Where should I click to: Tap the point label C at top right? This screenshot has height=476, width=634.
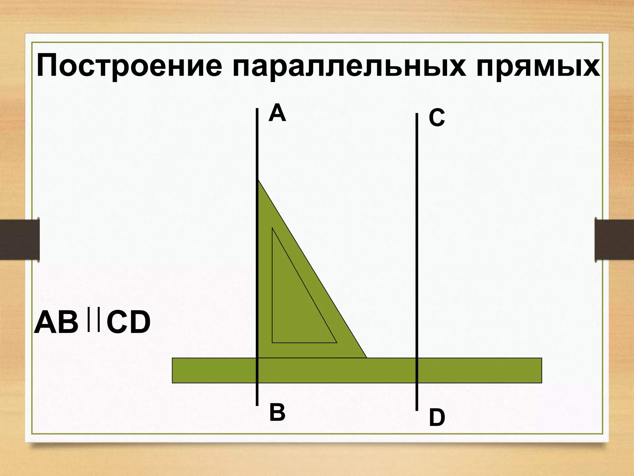click(x=437, y=118)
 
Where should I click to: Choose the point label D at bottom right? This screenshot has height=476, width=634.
click(x=437, y=418)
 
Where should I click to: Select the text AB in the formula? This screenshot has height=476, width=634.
click(x=56, y=323)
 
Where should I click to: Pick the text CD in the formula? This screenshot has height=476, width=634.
click(x=128, y=323)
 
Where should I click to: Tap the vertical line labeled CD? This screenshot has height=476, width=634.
click(x=417, y=217)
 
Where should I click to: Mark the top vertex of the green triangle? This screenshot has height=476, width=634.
click(x=258, y=180)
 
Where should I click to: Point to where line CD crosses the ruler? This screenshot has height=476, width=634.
click(x=417, y=370)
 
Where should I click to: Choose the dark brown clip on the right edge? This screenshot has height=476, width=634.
click(x=614, y=240)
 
